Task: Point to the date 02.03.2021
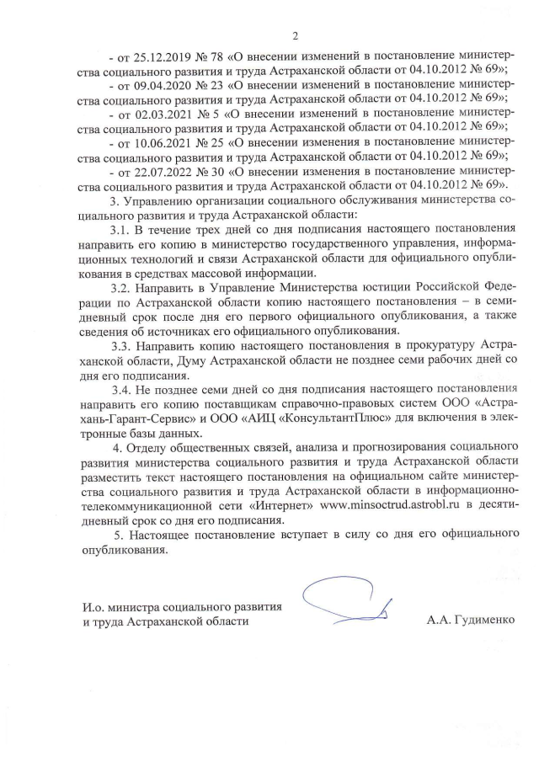click(x=156, y=115)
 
